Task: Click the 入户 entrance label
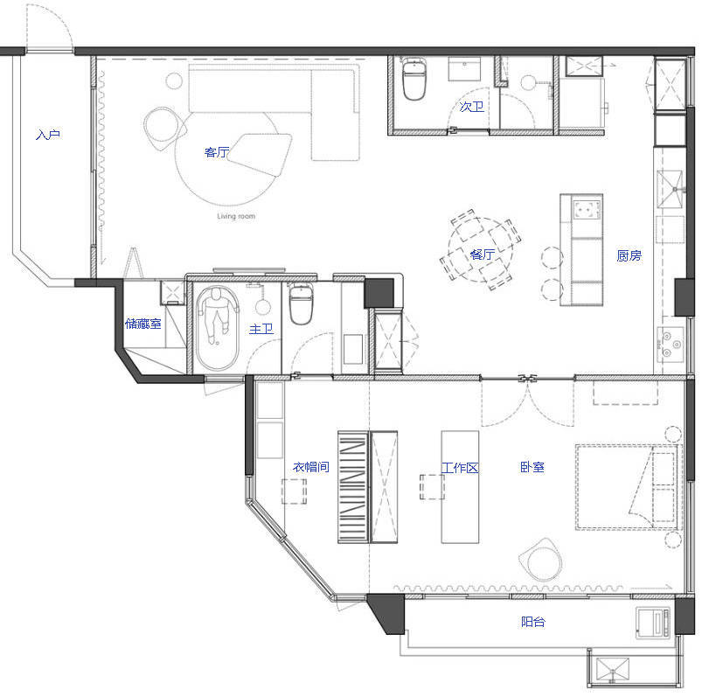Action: click(x=48, y=135)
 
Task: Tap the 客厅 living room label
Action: click(x=217, y=152)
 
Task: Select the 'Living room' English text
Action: click(x=236, y=216)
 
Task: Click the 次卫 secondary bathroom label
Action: click(x=471, y=107)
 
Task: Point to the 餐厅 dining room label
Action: click(x=483, y=254)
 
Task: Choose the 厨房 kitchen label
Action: click(x=629, y=255)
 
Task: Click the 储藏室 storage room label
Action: click(x=142, y=324)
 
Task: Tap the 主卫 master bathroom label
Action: click(x=261, y=329)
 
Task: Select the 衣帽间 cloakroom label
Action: click(x=311, y=467)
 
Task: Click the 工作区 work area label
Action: click(x=460, y=468)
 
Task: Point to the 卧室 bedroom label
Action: click(x=532, y=467)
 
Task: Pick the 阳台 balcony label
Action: click(x=533, y=622)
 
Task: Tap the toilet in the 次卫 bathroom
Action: click(x=414, y=79)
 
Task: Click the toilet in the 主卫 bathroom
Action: click(x=302, y=303)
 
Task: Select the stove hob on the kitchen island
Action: click(x=587, y=210)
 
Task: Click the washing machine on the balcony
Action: click(x=654, y=623)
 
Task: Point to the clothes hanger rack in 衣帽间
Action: click(x=353, y=487)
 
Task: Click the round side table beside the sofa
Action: click(x=174, y=81)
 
